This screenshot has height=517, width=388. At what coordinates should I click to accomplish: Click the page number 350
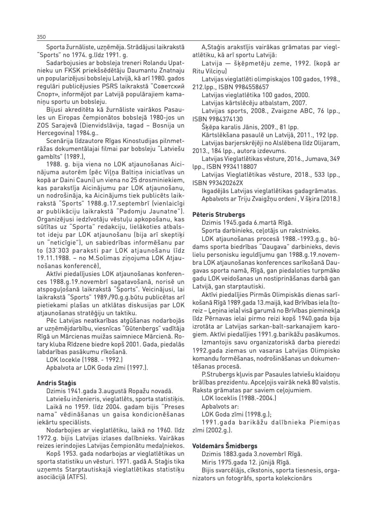pos(41,37)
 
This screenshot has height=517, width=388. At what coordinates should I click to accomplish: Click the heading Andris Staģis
pos(56,383)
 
